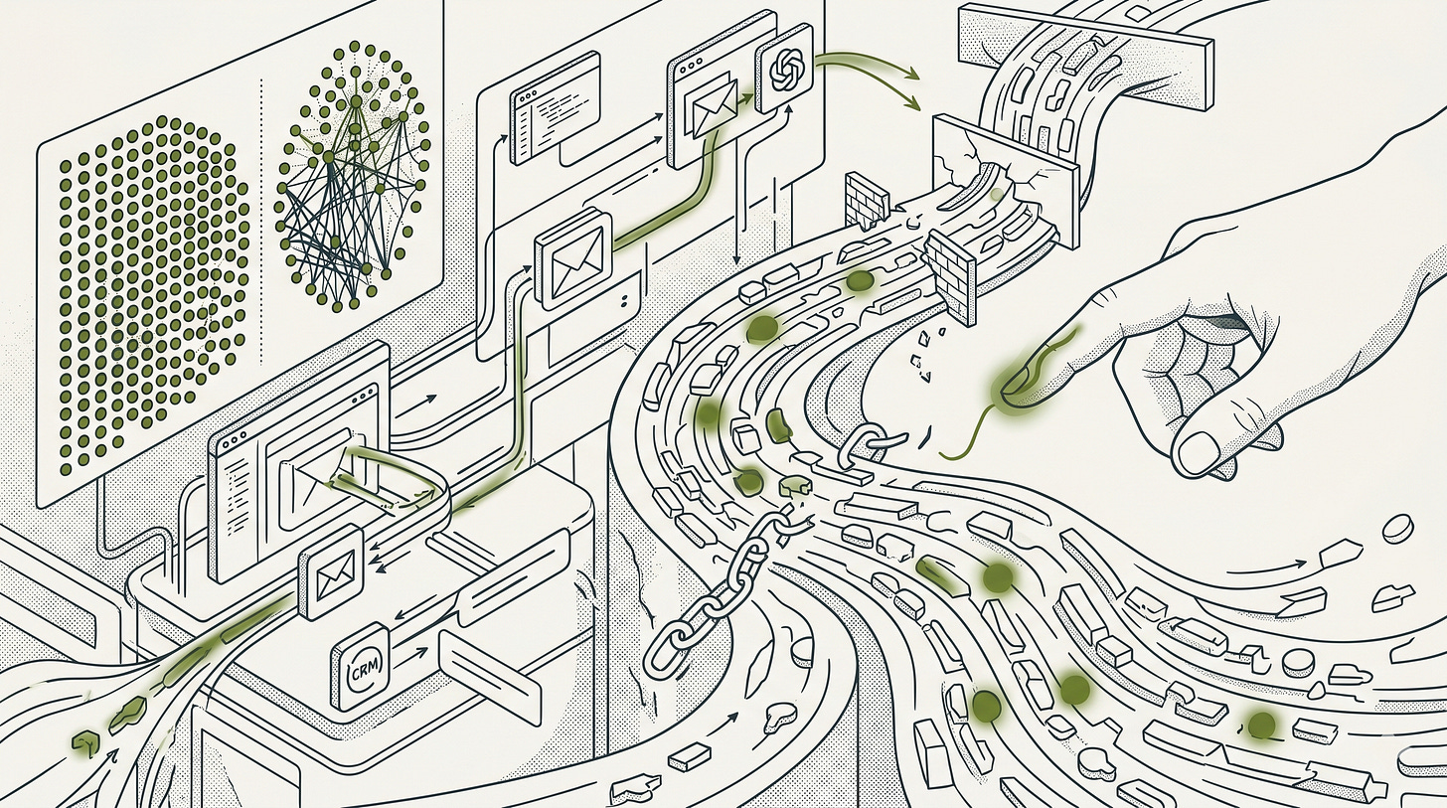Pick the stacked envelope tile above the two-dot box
coord(572,254)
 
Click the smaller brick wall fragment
coord(865,199)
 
